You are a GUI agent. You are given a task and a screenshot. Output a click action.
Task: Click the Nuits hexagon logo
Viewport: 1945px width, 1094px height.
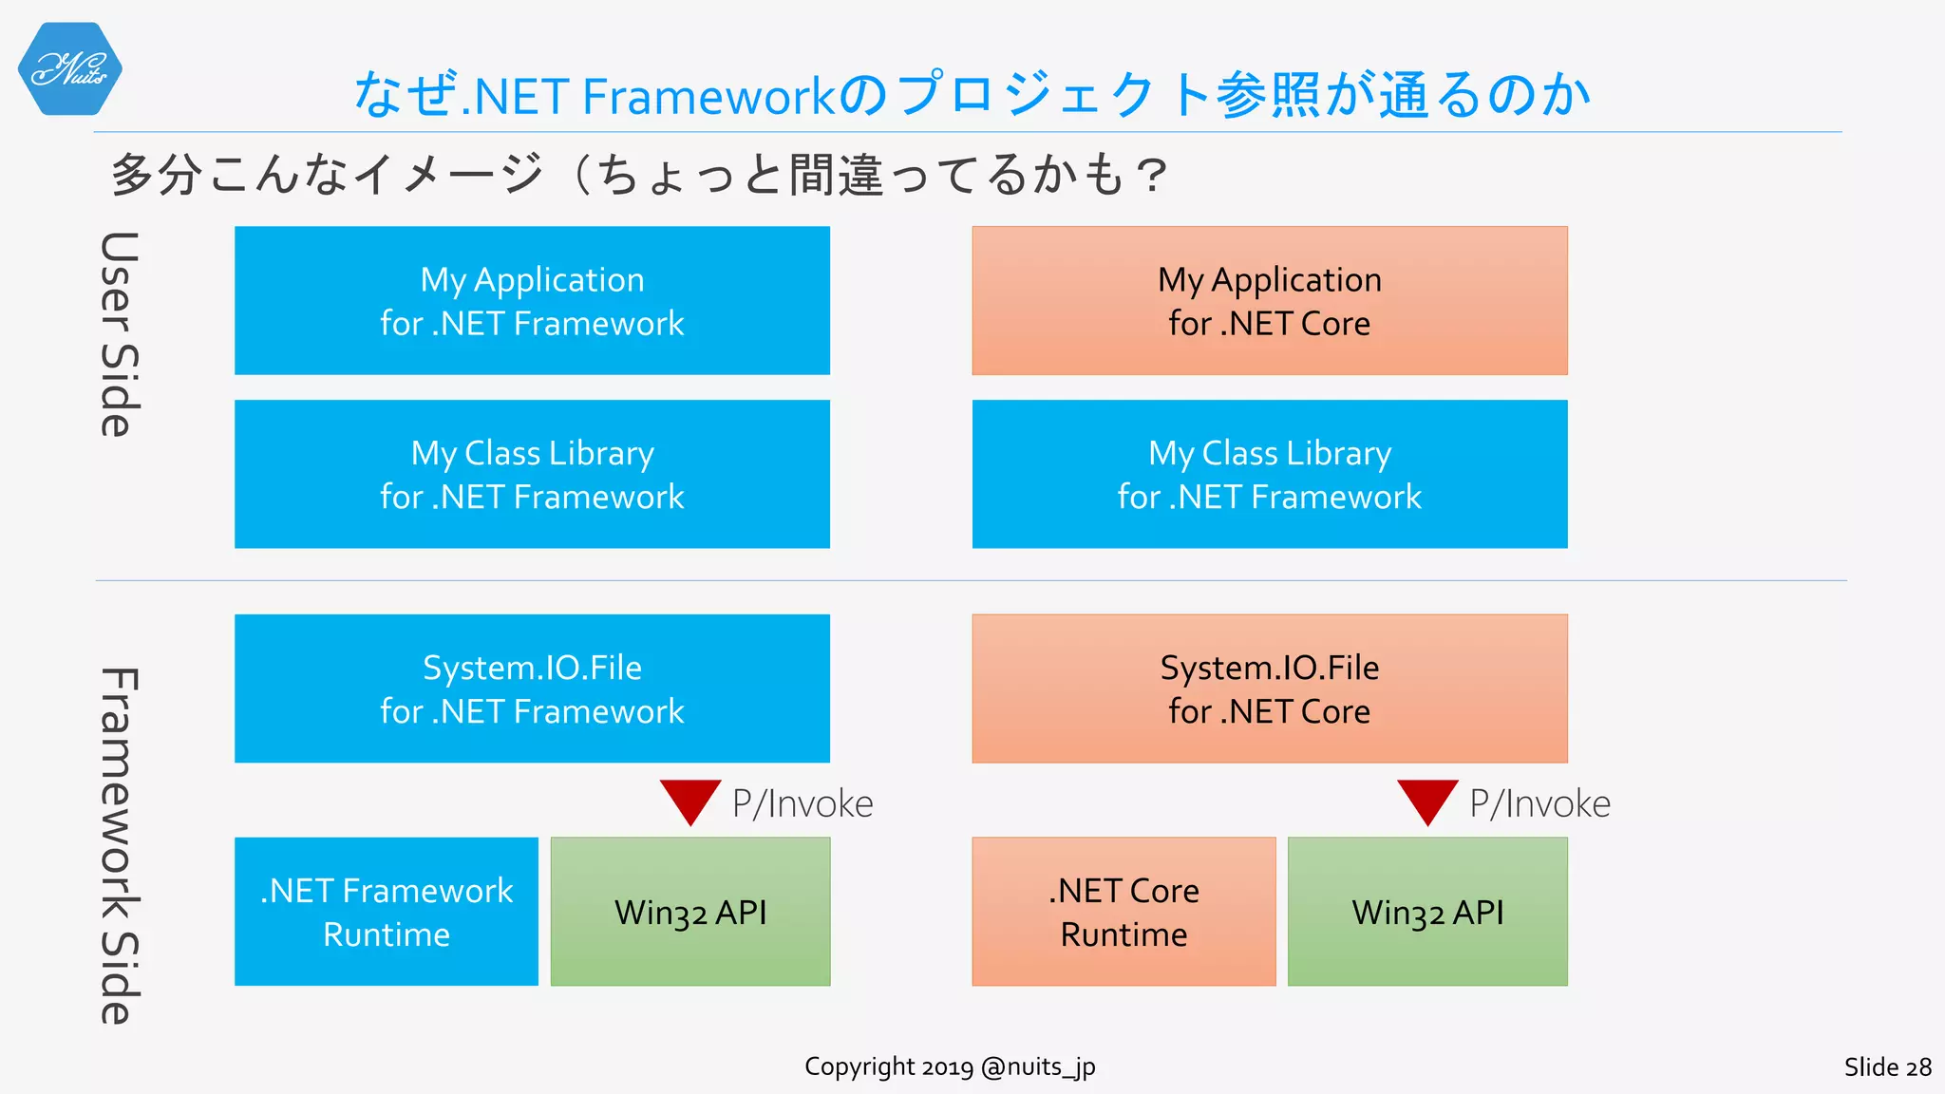(x=69, y=68)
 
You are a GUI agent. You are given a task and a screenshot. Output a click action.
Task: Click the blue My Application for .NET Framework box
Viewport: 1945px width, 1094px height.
(x=532, y=300)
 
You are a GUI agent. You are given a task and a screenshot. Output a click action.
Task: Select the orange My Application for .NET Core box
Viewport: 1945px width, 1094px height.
(x=1269, y=300)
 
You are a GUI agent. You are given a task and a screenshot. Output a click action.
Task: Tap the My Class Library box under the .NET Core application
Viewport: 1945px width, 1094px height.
(x=1269, y=474)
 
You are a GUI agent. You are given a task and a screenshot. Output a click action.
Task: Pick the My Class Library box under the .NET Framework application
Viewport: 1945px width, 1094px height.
(x=532, y=474)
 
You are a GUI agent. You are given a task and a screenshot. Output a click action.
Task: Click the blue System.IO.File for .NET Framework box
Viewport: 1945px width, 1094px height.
(x=532, y=688)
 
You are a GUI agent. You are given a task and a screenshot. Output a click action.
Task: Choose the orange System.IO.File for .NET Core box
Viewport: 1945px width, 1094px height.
(x=1269, y=688)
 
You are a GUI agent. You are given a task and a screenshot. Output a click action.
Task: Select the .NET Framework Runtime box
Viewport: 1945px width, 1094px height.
(x=386, y=912)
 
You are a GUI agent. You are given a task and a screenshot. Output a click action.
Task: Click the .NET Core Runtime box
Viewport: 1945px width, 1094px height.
(x=1124, y=912)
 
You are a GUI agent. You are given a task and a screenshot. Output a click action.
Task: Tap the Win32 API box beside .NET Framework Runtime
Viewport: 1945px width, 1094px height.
(x=690, y=912)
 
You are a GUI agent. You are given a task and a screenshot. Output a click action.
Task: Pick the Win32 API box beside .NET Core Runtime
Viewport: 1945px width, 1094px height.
(x=1427, y=912)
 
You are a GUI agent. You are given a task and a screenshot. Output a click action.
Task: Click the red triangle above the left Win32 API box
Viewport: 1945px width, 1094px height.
(x=690, y=800)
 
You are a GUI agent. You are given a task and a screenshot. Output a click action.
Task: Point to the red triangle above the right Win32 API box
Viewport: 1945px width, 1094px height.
(x=1427, y=800)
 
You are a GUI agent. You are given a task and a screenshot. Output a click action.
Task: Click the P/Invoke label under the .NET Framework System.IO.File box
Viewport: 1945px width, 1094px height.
(x=802, y=803)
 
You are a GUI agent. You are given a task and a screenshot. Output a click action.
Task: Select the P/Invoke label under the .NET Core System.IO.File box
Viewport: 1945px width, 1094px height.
(x=1539, y=803)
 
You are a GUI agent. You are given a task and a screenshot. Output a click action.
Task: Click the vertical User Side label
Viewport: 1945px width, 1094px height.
(x=120, y=334)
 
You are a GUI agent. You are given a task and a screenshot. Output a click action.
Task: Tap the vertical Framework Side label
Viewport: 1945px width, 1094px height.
(x=120, y=845)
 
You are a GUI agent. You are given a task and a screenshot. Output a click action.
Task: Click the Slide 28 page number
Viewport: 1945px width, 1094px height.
(x=1887, y=1067)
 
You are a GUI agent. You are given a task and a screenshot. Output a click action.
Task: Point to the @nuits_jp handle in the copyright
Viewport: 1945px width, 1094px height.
(x=1037, y=1067)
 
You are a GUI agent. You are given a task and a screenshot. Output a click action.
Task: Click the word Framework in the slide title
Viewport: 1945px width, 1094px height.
(x=708, y=97)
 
